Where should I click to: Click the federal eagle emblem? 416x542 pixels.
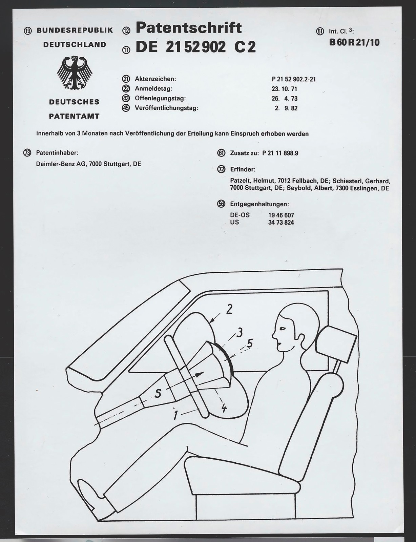(75, 73)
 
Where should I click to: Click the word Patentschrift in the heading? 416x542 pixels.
(189, 28)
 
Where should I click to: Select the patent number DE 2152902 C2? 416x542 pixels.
(195, 47)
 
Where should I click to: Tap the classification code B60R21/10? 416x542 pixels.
(354, 43)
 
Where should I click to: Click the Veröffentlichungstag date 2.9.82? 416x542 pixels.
(287, 108)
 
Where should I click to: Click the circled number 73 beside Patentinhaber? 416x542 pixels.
(27, 153)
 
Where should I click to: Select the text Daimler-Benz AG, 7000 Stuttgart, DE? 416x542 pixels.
(88, 164)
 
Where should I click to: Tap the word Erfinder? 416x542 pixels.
(242, 169)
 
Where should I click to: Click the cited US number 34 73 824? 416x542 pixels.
(281, 223)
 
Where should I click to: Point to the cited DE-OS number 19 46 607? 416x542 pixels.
(281, 215)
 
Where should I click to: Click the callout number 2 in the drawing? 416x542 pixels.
(229, 309)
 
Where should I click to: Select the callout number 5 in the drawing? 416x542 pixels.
(250, 343)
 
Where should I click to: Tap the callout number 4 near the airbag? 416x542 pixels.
(224, 408)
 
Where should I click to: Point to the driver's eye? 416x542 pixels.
(282, 328)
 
